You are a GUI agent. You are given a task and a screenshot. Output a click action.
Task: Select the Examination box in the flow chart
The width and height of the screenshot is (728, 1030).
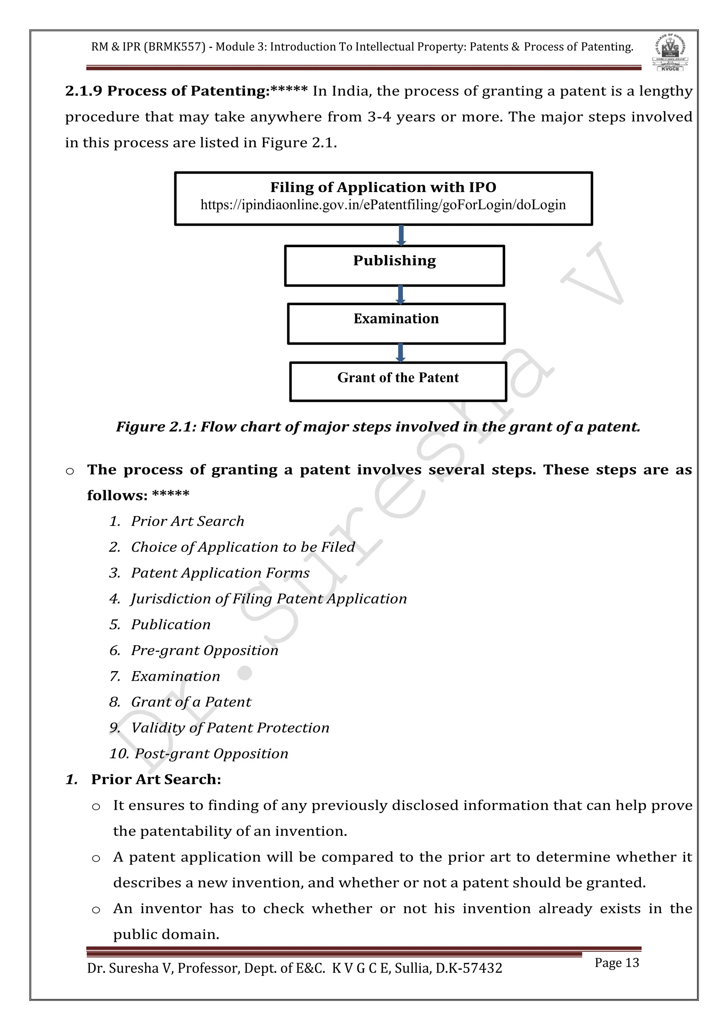[396, 323]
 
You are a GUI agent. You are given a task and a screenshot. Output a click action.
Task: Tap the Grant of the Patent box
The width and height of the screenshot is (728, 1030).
[398, 381]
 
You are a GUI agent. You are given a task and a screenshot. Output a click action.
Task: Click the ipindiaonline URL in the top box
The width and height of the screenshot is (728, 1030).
[383, 205]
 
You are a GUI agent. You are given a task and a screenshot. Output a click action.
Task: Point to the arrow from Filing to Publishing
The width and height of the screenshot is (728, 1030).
[401, 235]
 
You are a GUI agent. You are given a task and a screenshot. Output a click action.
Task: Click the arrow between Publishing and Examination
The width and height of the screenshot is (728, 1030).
[401, 295]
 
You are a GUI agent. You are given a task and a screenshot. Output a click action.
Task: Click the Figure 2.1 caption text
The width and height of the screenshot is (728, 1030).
[378, 427]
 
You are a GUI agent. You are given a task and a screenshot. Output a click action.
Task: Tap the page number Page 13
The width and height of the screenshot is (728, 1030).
[616, 963]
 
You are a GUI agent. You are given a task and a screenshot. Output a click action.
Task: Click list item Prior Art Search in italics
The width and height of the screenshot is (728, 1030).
[187, 521]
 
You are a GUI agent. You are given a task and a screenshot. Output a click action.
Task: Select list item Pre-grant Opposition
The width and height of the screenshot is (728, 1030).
[204, 651]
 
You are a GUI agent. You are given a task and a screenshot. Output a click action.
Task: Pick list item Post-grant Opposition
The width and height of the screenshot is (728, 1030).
[211, 754]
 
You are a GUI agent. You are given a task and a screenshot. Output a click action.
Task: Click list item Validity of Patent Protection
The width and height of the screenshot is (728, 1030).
[230, 728]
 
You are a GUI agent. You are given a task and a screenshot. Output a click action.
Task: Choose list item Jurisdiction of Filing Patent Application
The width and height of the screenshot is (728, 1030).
[268, 599]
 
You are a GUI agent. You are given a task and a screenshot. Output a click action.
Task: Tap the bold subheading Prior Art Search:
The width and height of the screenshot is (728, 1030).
[156, 780]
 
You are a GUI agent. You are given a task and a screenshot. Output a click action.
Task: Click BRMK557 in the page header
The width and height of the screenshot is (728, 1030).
[175, 47]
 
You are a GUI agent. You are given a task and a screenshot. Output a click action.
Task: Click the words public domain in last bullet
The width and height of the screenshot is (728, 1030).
[166, 934]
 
